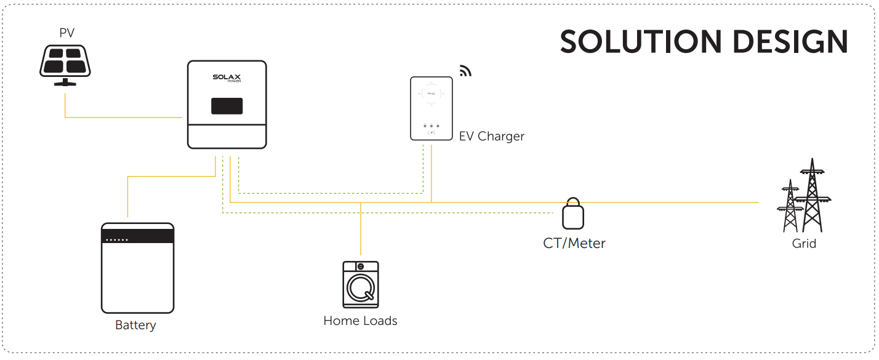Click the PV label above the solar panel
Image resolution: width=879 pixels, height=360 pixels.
pyautogui.click(x=66, y=33)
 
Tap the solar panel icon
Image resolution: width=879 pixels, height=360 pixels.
pyautogui.click(x=65, y=65)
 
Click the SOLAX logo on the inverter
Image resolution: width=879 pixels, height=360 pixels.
pyautogui.click(x=227, y=78)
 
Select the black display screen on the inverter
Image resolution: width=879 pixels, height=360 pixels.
pyautogui.click(x=227, y=106)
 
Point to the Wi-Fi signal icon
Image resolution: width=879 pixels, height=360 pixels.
pyautogui.click(x=465, y=71)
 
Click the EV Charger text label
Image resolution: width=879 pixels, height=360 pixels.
pyautogui.click(x=491, y=136)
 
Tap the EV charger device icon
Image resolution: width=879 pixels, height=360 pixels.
pyautogui.click(x=431, y=108)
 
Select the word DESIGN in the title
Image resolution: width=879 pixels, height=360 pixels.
pyautogui.click(x=790, y=42)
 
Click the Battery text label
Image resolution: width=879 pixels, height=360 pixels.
pyautogui.click(x=135, y=325)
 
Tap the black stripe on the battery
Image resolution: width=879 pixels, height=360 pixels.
pyautogui.click(x=137, y=236)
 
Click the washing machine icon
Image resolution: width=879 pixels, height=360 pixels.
pyautogui.click(x=361, y=284)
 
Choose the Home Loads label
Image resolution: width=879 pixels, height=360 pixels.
pyautogui.click(x=360, y=321)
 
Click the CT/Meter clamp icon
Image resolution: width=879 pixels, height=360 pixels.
pyautogui.click(x=573, y=214)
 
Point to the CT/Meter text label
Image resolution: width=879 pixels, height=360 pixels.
pyautogui.click(x=574, y=243)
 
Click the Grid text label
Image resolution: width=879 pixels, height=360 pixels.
pyautogui.click(x=804, y=244)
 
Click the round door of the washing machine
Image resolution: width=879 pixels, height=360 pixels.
pyautogui.click(x=361, y=288)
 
